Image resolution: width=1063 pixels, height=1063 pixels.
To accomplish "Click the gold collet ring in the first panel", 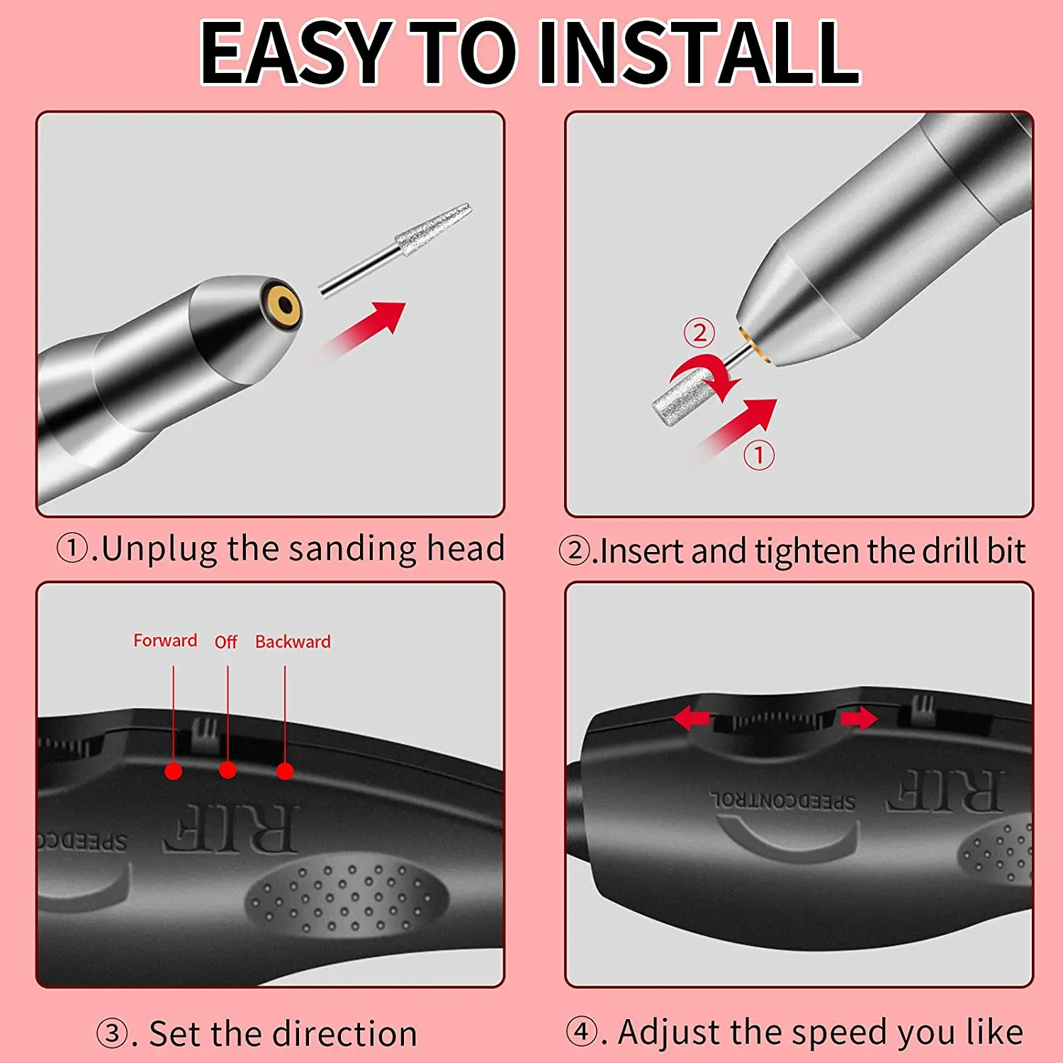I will (x=281, y=305).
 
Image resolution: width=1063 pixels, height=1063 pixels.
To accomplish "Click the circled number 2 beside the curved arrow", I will (x=699, y=332).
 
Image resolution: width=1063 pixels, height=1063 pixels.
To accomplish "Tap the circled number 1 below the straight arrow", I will (x=758, y=454).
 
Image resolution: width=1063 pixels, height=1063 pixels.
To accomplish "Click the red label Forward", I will (x=165, y=641).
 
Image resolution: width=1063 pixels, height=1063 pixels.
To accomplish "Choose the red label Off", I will (x=225, y=642).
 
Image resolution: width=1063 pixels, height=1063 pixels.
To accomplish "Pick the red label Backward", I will (x=293, y=642).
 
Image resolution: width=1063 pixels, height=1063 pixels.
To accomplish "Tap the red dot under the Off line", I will (x=227, y=770).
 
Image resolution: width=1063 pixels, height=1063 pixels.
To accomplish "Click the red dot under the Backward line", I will (x=285, y=771).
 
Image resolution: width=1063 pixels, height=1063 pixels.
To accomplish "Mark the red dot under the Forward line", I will (x=173, y=771).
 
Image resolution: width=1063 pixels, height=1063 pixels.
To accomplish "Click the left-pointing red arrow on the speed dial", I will (x=691, y=719).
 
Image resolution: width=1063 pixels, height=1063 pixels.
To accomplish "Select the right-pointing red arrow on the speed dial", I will (x=858, y=719).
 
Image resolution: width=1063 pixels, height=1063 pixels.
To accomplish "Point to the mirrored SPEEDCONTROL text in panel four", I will (x=783, y=801).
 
